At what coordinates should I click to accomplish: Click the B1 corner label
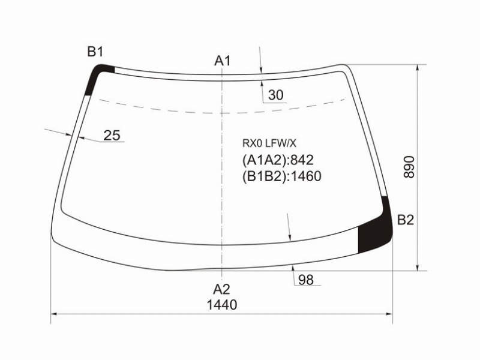(95, 52)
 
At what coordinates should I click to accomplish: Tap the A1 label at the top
(222, 61)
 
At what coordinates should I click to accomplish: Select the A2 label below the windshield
(221, 289)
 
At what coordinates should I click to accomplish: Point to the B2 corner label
(406, 220)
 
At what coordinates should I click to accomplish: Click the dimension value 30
(276, 95)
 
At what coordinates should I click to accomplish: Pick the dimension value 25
(112, 136)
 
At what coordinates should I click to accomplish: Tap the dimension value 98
(306, 280)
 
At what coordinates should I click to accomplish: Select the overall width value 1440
(222, 305)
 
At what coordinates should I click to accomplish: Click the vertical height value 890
(409, 167)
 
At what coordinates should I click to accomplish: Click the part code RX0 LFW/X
(269, 143)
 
